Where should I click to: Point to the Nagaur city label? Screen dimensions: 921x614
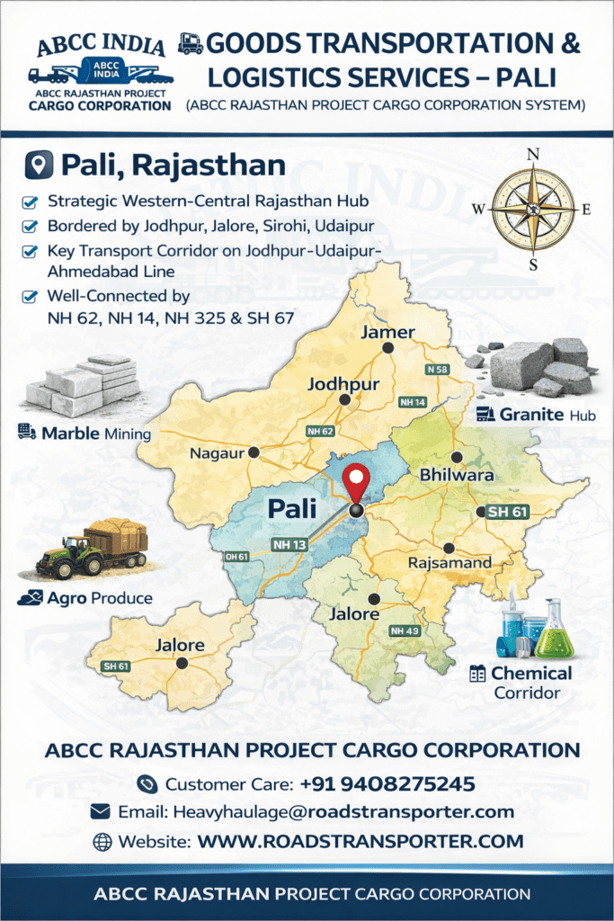click(218, 453)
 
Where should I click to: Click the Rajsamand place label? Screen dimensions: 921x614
click(449, 563)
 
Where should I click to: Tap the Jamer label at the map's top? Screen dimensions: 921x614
click(387, 332)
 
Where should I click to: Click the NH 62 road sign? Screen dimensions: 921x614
click(320, 432)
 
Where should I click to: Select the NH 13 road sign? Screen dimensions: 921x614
click(289, 544)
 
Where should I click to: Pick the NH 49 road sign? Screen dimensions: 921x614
click(404, 631)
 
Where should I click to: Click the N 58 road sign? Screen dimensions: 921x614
click(438, 370)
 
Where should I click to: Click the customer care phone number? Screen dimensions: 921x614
click(375, 783)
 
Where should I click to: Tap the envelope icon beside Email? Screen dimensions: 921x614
click(101, 812)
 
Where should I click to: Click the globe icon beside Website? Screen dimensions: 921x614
click(102, 842)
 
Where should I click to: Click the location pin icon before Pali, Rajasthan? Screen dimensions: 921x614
click(40, 165)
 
